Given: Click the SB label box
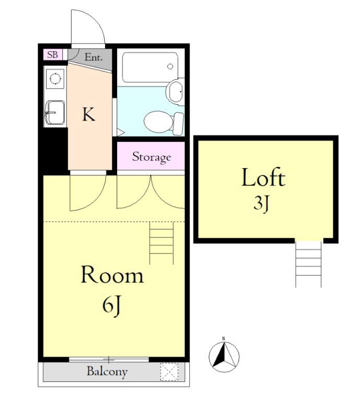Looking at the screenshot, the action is point(53,55).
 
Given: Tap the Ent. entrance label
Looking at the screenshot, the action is point(94,57).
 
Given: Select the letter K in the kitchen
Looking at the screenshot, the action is point(88,114).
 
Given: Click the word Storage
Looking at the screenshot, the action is point(151,157).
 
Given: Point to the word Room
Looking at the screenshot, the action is point(112,274).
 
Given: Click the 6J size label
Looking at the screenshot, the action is point(112,305).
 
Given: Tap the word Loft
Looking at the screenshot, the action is point(263,178).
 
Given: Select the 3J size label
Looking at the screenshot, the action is point(261,204).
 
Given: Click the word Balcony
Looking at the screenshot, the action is point(107,372).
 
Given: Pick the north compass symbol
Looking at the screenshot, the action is point(224,356).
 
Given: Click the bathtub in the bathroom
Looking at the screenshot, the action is point(150,67).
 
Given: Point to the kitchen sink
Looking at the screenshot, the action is point(55,113).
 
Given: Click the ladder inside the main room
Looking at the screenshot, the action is point(161,243).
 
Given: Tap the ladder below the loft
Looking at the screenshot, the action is point(308,263).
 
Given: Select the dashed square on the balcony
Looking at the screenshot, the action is point(170,371).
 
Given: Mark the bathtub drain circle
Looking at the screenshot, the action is point(170,67).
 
